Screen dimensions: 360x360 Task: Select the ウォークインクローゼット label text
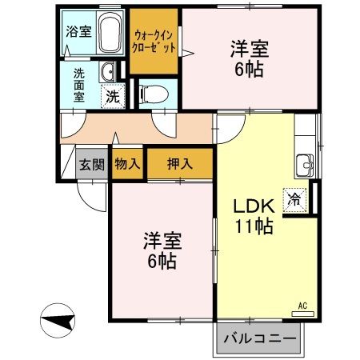(x=154, y=39)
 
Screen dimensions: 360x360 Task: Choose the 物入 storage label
(x=127, y=165)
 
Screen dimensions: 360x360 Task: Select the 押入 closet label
(x=179, y=165)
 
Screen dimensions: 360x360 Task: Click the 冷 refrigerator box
(x=294, y=200)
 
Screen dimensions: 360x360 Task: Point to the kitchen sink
(x=304, y=165)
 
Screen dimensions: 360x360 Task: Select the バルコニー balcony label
(x=259, y=338)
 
